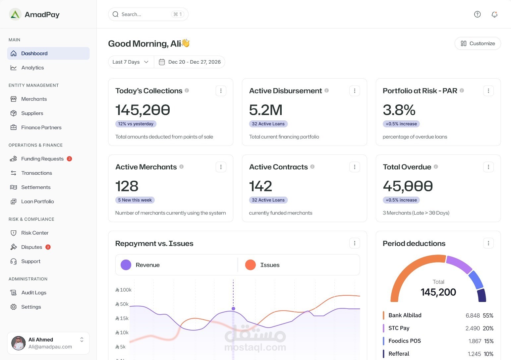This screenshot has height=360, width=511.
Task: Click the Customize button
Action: [478, 43]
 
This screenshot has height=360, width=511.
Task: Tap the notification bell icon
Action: [494, 14]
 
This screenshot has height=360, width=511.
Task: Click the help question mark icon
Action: [477, 14]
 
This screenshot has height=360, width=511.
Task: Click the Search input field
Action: [148, 14]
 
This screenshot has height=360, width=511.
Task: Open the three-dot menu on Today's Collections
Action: [221, 91]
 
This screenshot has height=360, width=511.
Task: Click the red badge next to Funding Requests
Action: [69, 159]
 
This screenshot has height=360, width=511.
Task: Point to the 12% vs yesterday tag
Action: [136, 124]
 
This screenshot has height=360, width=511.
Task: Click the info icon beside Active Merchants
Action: [181, 167]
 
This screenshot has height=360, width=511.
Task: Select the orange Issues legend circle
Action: [250, 265]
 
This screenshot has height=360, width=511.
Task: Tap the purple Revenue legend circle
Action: [126, 265]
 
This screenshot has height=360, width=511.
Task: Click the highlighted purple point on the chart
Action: [233, 309]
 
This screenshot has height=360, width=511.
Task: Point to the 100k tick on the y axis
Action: [123, 290]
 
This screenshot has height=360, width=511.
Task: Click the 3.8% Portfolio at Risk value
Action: [399, 110]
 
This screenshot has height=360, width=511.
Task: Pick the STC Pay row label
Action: [399, 328]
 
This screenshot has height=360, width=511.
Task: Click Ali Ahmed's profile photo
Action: [19, 343]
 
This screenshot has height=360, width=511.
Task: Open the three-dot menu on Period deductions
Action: [488, 243]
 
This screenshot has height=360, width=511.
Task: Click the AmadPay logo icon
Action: [15, 14]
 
